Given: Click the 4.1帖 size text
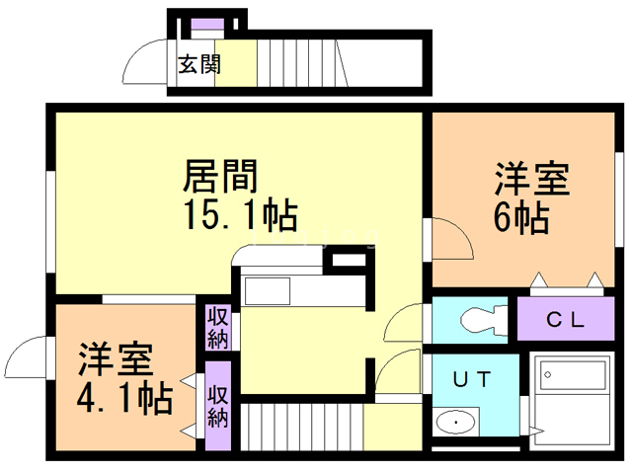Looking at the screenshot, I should coord(125,397).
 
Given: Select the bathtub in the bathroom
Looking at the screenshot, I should coord(572,380).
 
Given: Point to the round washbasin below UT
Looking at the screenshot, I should coord(456,423).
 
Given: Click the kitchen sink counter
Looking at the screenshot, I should coord(267,292).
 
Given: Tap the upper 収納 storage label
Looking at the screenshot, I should coord(218,327).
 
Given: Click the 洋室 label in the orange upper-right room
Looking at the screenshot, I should coord(532,181).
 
